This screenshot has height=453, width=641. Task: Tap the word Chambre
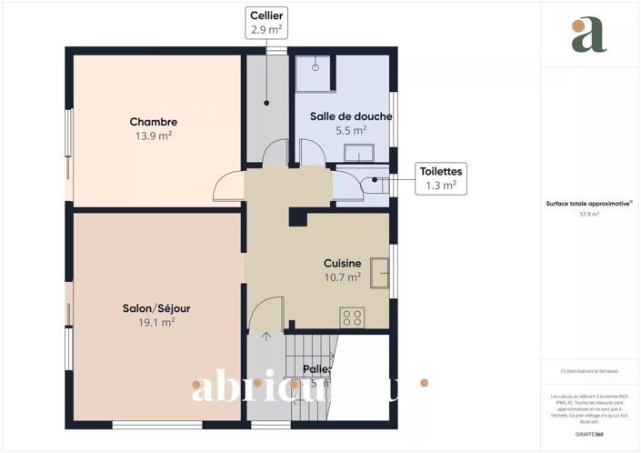click(153, 122)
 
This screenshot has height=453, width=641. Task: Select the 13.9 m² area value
click(153, 136)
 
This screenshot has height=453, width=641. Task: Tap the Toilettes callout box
click(440, 177)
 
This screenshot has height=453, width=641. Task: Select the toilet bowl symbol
click(375, 182)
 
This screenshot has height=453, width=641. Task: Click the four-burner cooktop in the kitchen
click(352, 317)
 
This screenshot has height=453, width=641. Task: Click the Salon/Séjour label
click(156, 308)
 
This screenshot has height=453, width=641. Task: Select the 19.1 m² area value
click(156, 322)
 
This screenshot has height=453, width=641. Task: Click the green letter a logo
click(588, 34)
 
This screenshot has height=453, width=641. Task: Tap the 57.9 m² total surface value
click(591, 215)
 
